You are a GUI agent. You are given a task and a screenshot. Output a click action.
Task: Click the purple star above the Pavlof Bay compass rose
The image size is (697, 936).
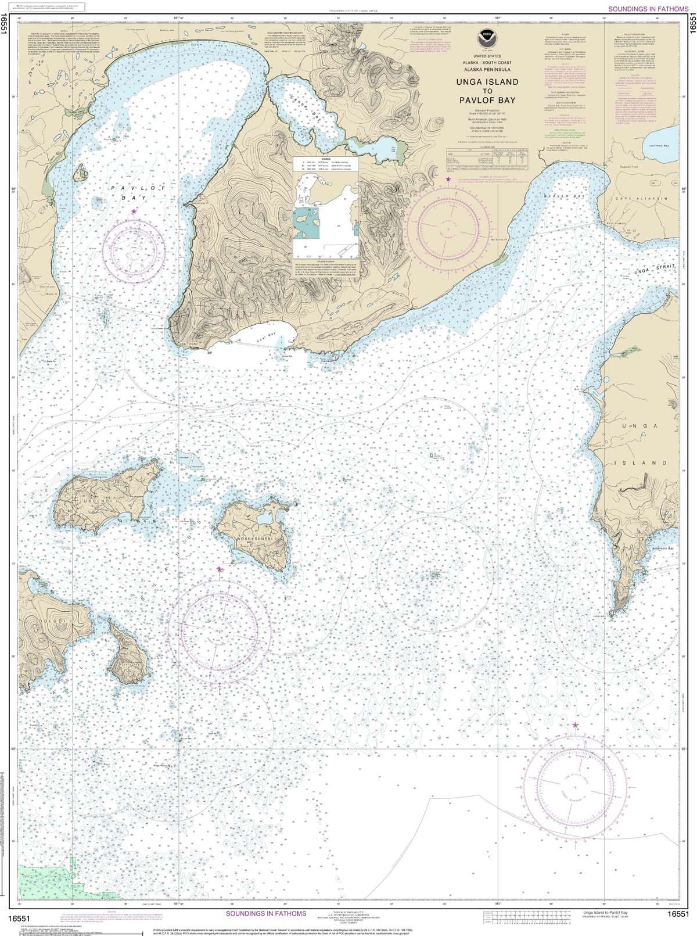point(134,212)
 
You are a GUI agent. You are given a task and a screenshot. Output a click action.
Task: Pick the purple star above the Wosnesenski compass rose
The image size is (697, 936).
point(219,569)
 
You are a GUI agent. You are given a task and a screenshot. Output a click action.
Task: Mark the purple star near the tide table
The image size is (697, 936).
point(447,180)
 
